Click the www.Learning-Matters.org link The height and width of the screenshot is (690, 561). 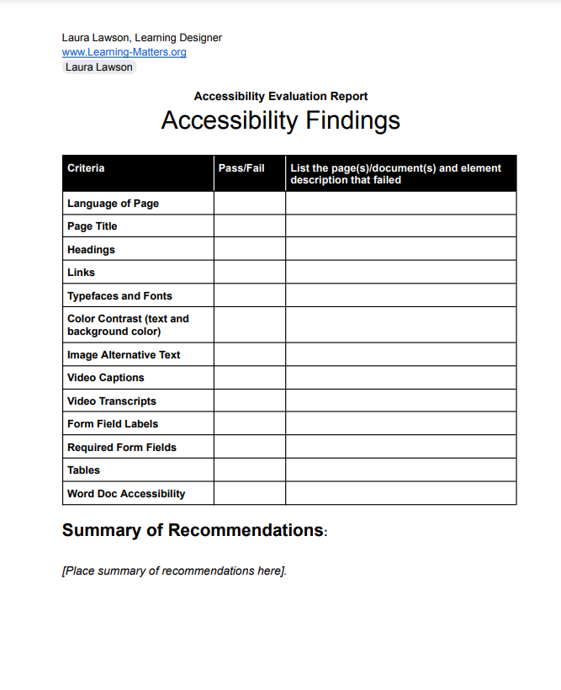point(124,52)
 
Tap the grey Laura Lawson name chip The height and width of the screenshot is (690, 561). point(98,67)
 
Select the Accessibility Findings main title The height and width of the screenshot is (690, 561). point(280,120)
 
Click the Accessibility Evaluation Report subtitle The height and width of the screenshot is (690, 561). point(280,97)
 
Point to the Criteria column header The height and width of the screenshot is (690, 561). point(86,168)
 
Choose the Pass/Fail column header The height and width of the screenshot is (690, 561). point(241,168)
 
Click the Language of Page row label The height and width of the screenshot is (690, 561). point(113,204)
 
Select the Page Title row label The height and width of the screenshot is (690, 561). point(93,226)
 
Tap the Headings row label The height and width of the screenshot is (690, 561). point(91,250)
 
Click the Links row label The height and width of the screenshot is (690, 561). point(82,273)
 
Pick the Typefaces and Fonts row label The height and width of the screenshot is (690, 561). point(119,296)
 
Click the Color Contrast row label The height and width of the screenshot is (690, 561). point(128,325)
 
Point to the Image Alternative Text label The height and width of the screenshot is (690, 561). point(124,355)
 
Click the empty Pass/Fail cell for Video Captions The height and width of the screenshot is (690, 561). point(249,378)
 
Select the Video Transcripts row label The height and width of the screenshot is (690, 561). point(112,401)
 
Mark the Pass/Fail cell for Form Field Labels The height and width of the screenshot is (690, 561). point(249,424)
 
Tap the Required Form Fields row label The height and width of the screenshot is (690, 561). point(122,448)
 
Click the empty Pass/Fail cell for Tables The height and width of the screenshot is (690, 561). point(249,470)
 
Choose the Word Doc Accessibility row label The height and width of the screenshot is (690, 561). point(126,494)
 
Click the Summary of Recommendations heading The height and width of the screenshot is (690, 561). point(193,531)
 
